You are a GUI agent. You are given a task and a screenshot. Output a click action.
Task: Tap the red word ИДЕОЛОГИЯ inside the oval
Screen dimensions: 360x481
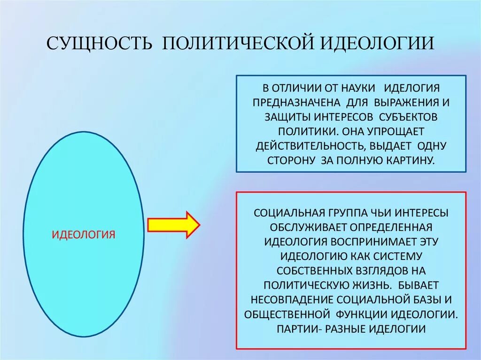pos(83,234)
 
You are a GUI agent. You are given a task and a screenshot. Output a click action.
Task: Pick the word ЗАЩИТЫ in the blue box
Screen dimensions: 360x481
pos(280,116)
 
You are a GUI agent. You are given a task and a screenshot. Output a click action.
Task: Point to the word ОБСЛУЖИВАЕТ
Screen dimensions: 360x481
pos(309,227)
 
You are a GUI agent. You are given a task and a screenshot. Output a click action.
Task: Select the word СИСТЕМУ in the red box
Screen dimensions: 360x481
pos(399,256)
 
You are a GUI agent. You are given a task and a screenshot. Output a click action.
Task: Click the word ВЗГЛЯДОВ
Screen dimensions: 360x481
pos(379,271)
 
